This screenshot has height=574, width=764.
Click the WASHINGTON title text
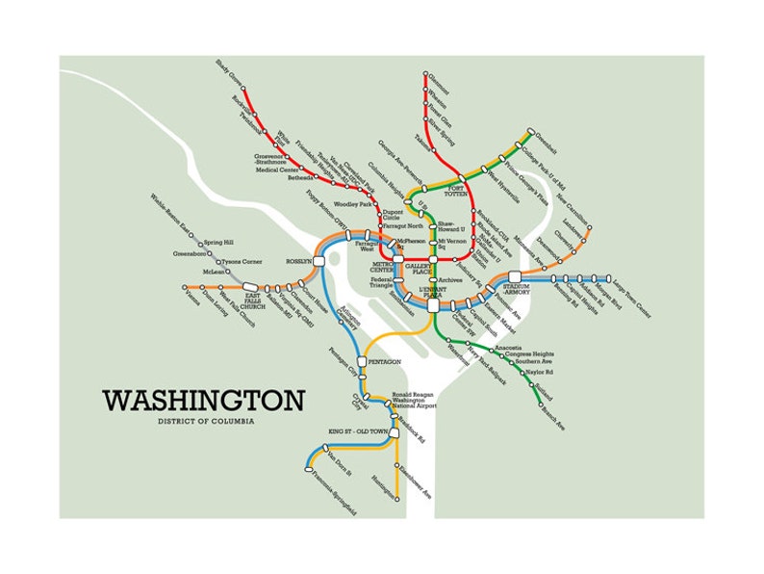coord(203,400)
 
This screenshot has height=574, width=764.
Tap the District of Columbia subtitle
coord(204,421)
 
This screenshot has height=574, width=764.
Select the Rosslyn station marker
coord(319,261)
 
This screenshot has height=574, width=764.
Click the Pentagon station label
coord(385,362)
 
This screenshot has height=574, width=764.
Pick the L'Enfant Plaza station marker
coord(434,305)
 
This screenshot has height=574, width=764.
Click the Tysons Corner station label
coord(244,261)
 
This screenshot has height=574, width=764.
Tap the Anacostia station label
coord(509,347)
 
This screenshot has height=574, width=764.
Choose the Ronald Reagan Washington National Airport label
coord(414,400)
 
